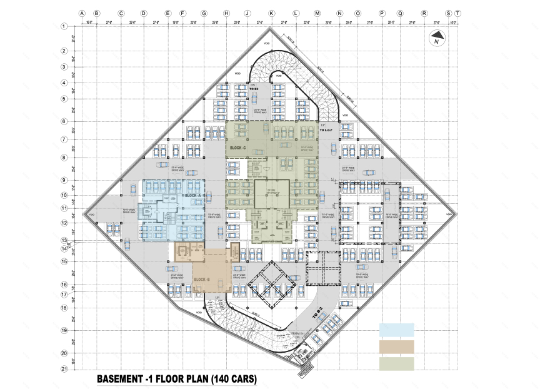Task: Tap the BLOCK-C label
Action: [237, 148]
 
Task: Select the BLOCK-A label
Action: [192, 196]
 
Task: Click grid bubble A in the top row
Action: [82, 13]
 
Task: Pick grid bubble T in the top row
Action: [458, 13]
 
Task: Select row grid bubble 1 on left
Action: [64, 26]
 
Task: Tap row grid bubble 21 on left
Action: [64, 369]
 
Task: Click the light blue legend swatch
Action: [396, 330]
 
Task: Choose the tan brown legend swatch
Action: [396, 346]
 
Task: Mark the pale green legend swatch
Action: [396, 363]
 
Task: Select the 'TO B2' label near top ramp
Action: [254, 89]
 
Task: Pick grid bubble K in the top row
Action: [271, 13]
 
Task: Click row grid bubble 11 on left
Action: [64, 208]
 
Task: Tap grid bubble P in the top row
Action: [382, 13]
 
